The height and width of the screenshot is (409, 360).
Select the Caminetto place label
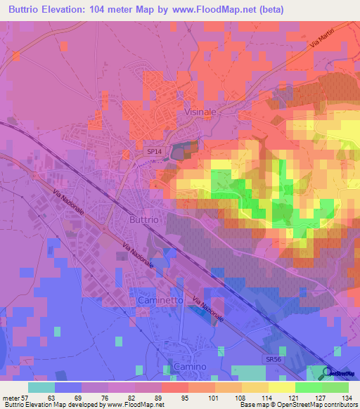click(160, 300)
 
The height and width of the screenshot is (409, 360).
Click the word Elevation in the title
click(67, 10)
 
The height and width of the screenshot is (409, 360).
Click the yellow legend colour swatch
click(282, 387)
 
